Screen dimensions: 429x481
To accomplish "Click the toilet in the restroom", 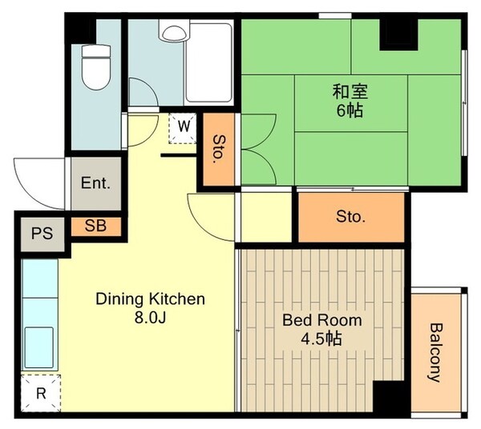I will pyautogui.click(x=95, y=67).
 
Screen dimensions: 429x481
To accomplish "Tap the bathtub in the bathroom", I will pyautogui.click(x=209, y=62).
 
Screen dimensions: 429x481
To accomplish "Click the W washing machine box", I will pyautogui.click(x=184, y=126).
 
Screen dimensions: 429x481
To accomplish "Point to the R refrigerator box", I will pyautogui.click(x=40, y=393).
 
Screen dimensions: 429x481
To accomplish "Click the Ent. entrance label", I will pyautogui.click(x=95, y=182).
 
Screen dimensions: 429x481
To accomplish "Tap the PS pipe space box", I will pyautogui.click(x=42, y=235).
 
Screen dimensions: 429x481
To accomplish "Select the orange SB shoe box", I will pyautogui.click(x=95, y=226).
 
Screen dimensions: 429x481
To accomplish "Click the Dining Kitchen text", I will pyautogui.click(x=151, y=299).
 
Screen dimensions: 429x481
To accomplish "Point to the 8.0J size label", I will pyautogui.click(x=150, y=317).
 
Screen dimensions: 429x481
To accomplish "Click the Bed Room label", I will pyautogui.click(x=322, y=320).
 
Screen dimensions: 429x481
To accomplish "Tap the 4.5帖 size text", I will pyautogui.click(x=322, y=339).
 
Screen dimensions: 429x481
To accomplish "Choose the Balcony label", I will pyautogui.click(x=435, y=352).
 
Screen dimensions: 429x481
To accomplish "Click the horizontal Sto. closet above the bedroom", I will pyautogui.click(x=351, y=217).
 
